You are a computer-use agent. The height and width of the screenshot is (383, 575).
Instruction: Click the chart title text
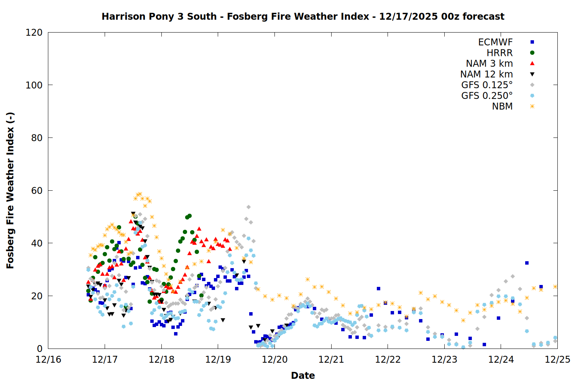(x=303, y=16)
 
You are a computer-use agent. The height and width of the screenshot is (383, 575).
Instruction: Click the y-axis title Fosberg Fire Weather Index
(x=10, y=190)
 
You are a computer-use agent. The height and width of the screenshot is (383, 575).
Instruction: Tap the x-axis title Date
(x=303, y=375)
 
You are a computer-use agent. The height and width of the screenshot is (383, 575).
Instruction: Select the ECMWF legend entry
(x=495, y=42)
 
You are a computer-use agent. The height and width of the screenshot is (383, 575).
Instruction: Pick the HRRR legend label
(x=499, y=53)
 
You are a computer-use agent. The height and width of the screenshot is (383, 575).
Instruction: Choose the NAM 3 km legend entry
(x=489, y=64)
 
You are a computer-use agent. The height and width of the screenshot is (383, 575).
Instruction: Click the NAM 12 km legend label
(x=486, y=74)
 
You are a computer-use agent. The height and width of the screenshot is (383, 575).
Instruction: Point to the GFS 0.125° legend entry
(x=487, y=85)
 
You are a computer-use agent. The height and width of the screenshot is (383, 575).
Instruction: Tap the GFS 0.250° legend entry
(x=487, y=96)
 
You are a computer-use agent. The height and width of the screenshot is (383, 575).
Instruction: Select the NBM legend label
(x=502, y=106)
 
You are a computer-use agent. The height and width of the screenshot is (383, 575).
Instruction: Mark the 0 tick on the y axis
(x=39, y=349)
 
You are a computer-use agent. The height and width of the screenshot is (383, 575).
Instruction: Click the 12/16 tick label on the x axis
(x=48, y=360)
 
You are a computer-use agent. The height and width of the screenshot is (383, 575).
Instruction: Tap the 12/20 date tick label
(x=274, y=360)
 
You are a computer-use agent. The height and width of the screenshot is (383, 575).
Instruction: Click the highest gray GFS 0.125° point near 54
(x=248, y=207)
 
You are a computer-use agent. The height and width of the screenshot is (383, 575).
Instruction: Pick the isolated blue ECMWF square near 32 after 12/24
(x=527, y=263)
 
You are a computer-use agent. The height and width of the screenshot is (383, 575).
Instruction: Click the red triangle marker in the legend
(x=532, y=64)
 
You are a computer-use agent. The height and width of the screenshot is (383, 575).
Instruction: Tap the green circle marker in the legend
(x=532, y=53)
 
